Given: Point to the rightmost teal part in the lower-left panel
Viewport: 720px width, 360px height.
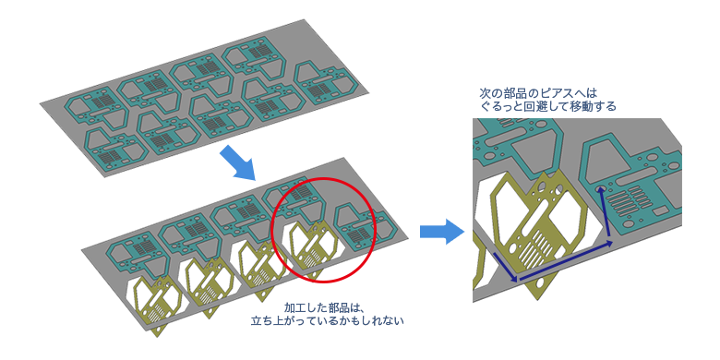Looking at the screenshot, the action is click(358, 228).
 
